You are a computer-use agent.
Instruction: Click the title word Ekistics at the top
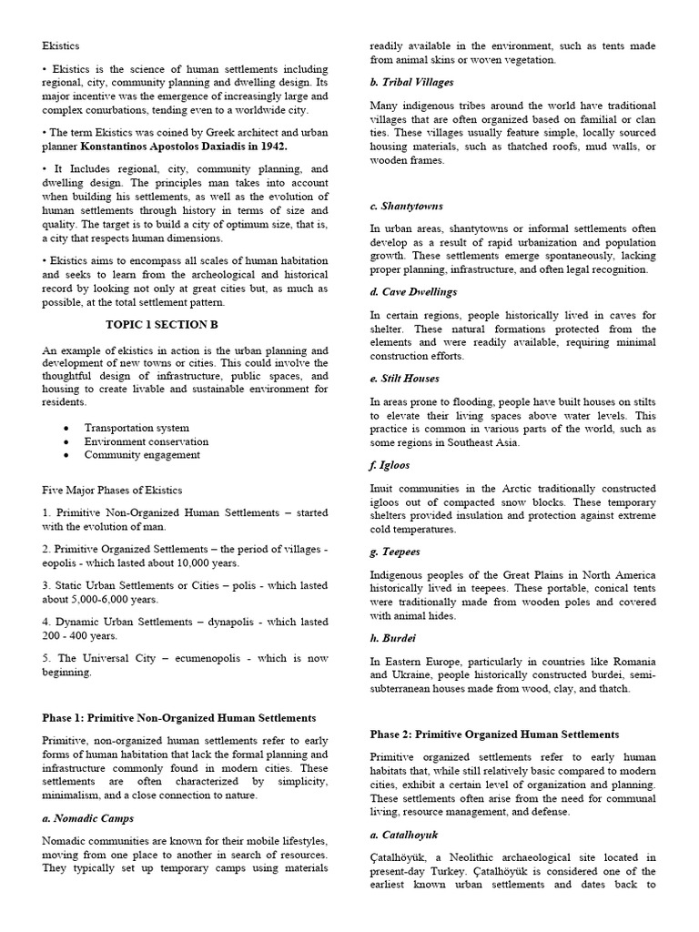61,45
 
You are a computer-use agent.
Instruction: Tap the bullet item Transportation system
137,428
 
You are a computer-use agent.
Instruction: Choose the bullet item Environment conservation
147,441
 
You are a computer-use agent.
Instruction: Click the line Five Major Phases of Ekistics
112,490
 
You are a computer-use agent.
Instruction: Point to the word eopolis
63,563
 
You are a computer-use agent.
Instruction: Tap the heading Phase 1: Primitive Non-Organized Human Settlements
179,718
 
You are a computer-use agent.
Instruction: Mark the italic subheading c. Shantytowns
407,206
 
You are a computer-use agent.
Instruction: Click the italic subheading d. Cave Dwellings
414,292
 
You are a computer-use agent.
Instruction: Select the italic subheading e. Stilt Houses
405,378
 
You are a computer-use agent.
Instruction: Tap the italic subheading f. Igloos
390,465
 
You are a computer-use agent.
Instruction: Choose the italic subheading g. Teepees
396,552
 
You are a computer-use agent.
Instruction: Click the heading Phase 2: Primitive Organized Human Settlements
495,734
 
